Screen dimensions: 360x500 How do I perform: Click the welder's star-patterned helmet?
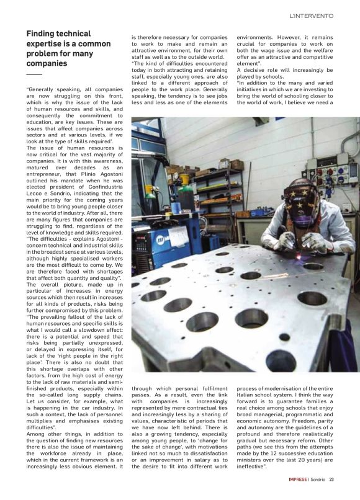pos(300,199)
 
